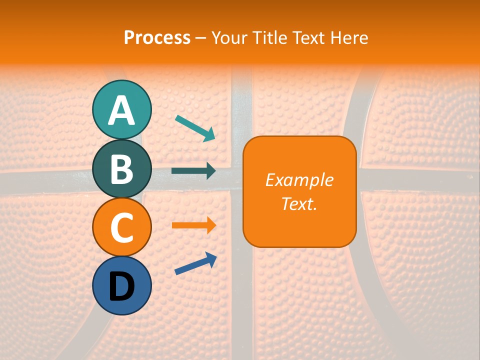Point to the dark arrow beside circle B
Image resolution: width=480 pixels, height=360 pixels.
click(193, 171)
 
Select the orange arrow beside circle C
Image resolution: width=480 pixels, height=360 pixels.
click(193, 225)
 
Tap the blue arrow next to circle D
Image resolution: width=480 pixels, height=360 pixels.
click(195, 263)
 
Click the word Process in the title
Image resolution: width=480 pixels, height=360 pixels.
click(157, 37)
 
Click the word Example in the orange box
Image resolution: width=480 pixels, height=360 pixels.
click(299, 180)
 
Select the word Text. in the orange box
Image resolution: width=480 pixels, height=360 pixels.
click(299, 203)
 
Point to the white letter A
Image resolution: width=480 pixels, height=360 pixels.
click(121, 110)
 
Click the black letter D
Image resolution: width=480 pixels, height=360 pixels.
click(121, 286)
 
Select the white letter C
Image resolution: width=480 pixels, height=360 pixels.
click(121, 228)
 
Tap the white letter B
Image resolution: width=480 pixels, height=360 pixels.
click(121, 169)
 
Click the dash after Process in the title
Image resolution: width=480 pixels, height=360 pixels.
click(201, 38)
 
